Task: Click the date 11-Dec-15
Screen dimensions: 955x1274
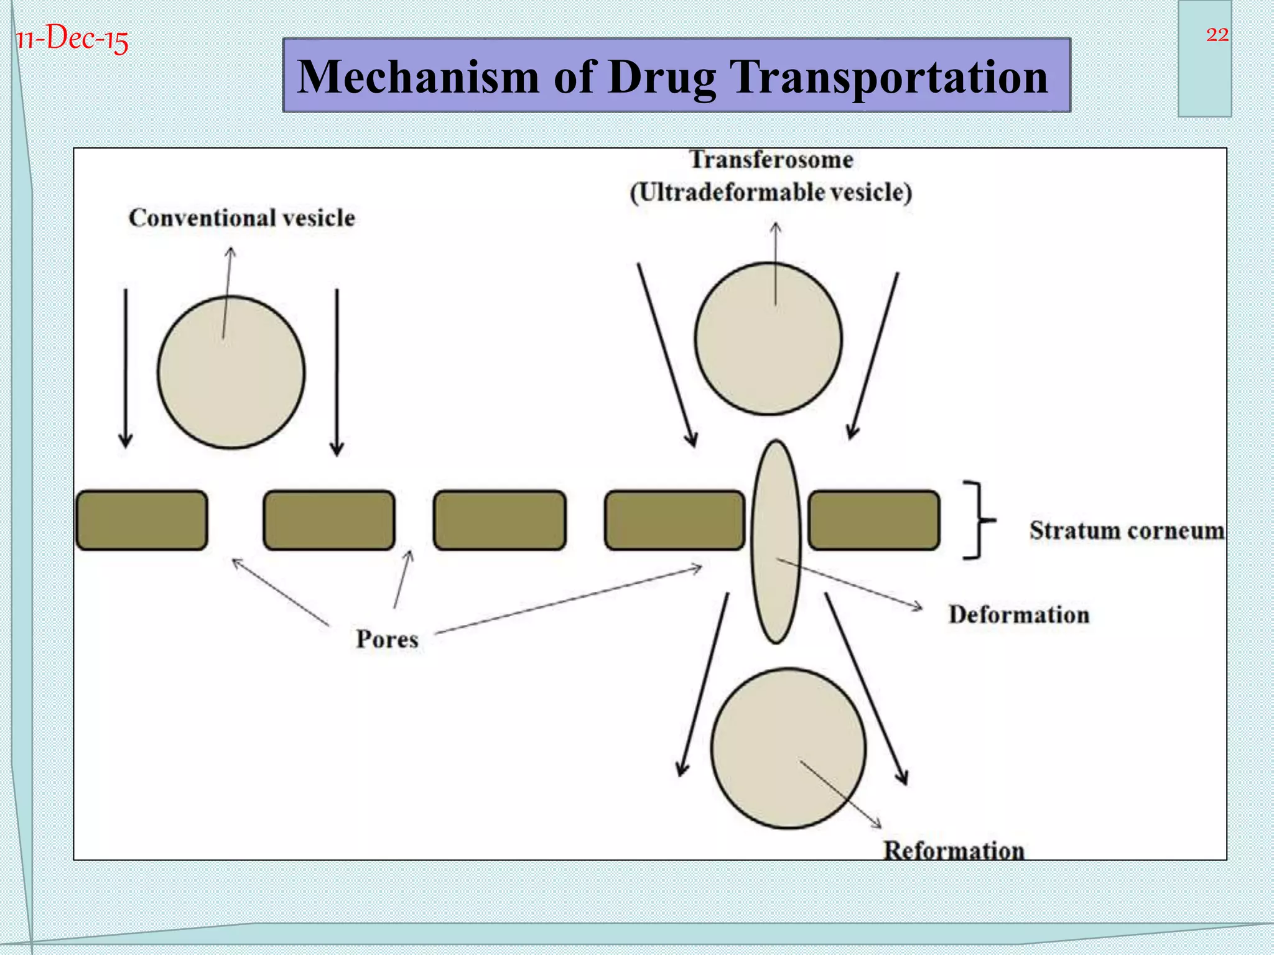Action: (x=72, y=39)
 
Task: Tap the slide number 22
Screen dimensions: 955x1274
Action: (x=1217, y=35)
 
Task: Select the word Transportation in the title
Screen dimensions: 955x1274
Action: (x=890, y=77)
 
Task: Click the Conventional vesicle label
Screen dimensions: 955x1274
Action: (x=242, y=218)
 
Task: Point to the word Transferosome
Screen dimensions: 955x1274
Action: (x=771, y=160)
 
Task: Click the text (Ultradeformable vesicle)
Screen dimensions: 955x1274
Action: (x=771, y=192)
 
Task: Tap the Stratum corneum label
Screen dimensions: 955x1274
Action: (x=1126, y=530)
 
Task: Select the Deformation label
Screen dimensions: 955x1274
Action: (x=1018, y=615)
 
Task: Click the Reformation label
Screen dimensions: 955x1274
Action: (x=954, y=850)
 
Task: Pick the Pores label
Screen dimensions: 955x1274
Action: (x=387, y=639)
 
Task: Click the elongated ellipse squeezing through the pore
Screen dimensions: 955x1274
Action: (x=775, y=541)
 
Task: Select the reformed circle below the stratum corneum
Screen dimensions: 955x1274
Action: (x=788, y=748)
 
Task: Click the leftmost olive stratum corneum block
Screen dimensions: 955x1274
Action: (x=142, y=520)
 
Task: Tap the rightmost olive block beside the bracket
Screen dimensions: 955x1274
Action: (x=873, y=520)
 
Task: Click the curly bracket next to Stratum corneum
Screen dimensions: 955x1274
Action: (x=979, y=520)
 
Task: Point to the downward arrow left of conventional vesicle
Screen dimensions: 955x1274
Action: (x=126, y=367)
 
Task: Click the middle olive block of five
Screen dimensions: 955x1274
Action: (x=500, y=520)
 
